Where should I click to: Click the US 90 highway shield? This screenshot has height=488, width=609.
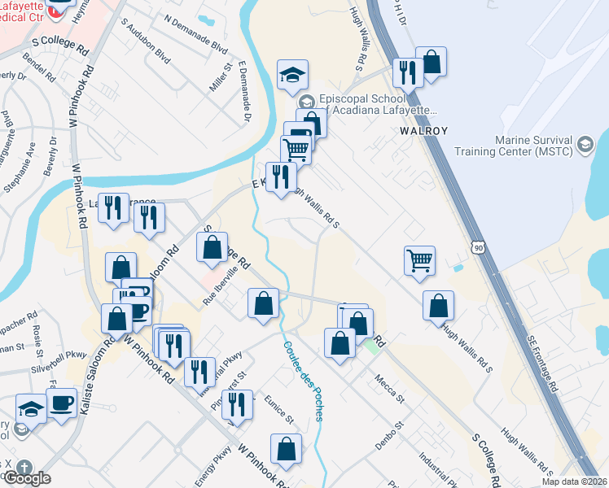click(x=479, y=246)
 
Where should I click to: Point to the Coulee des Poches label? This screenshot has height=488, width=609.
click(x=302, y=379)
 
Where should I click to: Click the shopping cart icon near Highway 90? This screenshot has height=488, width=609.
click(x=419, y=262)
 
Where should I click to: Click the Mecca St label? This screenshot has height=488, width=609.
click(x=389, y=388)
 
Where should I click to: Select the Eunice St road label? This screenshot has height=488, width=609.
click(x=278, y=408)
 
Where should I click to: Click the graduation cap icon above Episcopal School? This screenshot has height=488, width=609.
click(x=291, y=75)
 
